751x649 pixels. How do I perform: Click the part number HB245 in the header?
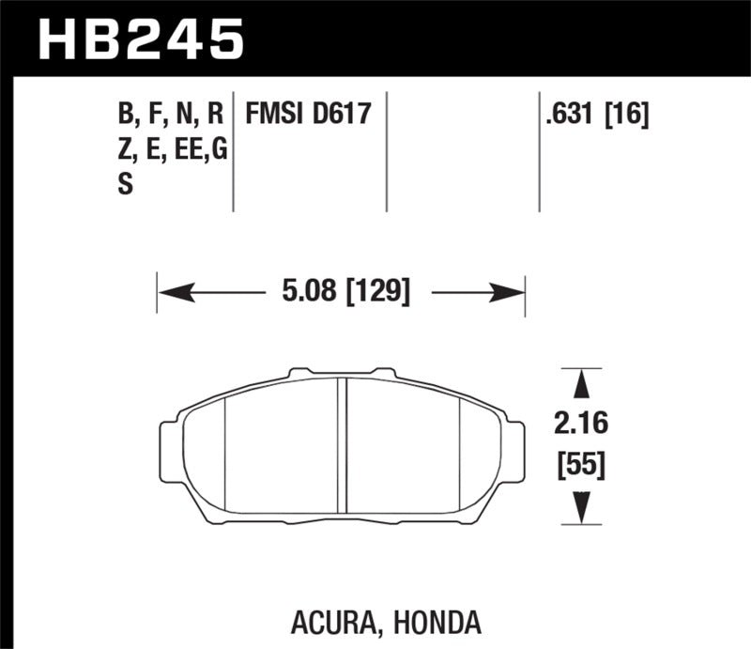pos(139,39)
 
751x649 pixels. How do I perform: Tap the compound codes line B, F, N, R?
pos(171,116)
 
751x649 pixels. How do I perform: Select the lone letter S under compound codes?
pos(125,185)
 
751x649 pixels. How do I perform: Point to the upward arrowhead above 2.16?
pos(581,383)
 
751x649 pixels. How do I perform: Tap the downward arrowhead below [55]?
pos(581,507)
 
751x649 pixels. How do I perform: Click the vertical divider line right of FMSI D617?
pos(388,150)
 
